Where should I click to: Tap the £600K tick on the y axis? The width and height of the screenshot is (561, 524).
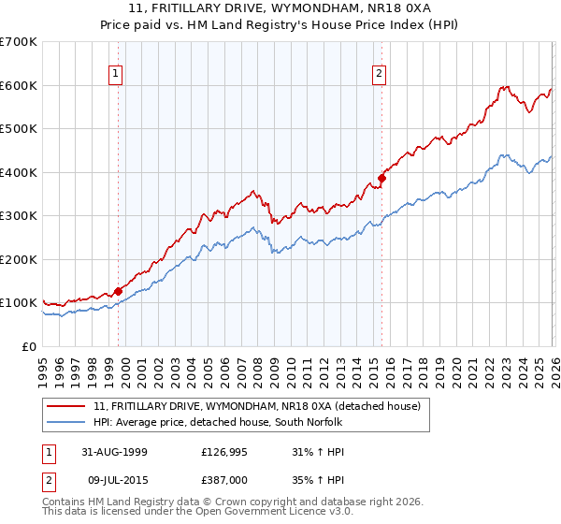[18, 85]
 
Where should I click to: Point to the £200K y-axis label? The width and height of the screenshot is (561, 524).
[18, 259]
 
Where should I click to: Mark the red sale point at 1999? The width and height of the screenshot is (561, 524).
[119, 291]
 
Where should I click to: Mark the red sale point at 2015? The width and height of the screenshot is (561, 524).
[381, 178]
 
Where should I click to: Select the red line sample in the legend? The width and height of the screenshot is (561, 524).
[67, 406]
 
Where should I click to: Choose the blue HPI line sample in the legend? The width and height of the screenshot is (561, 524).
[67, 422]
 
